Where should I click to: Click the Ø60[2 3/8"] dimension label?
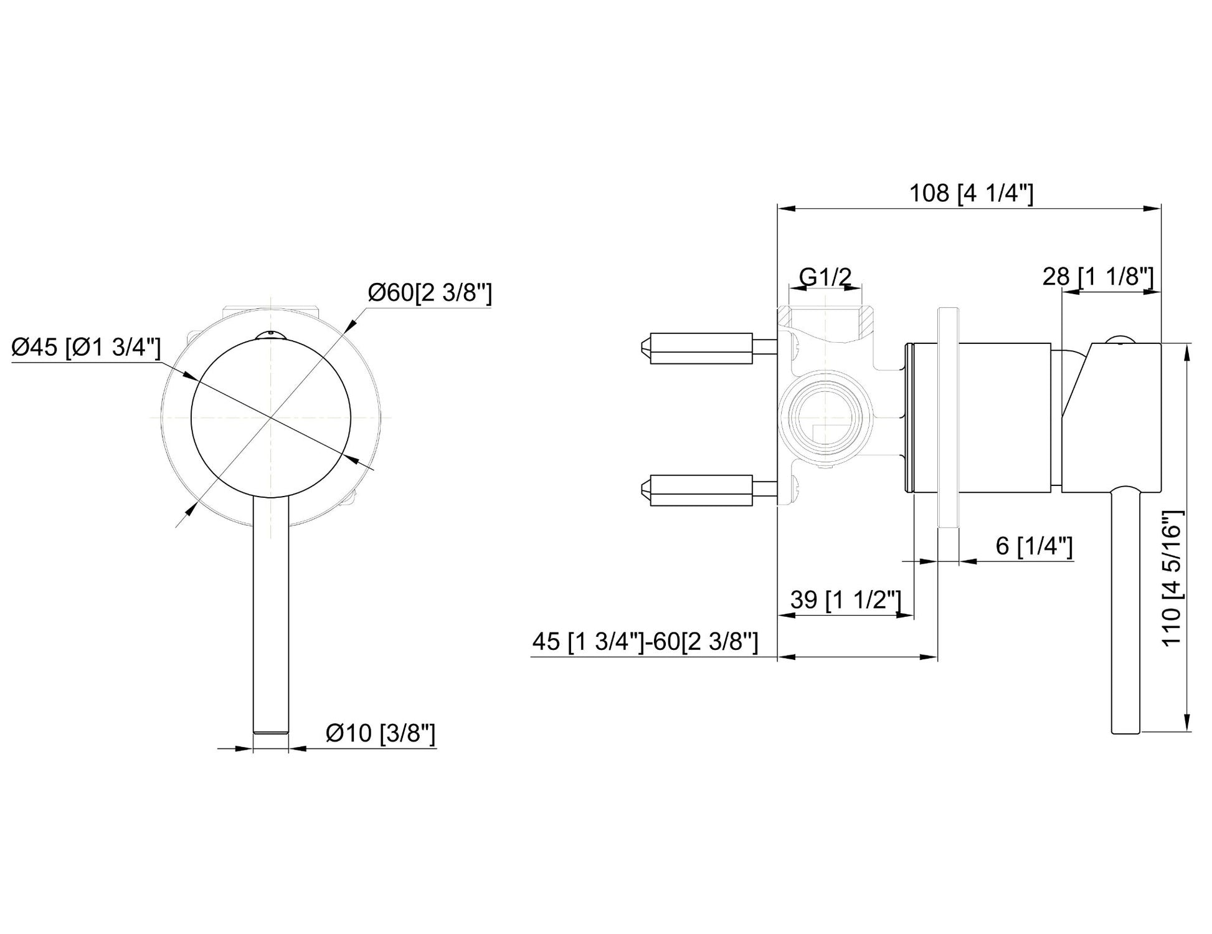coord(430,292)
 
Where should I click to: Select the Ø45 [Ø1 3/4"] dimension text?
coord(87,347)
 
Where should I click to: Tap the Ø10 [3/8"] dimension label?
coord(381,733)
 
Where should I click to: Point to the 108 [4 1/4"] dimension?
coord(972,193)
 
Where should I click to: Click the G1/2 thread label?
coord(825,276)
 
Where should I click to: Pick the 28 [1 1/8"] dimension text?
coord(1098,277)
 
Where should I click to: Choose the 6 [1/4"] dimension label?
coord(1034,546)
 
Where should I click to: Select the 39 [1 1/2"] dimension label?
coord(846,600)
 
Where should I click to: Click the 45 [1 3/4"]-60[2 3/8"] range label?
coord(645,641)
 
